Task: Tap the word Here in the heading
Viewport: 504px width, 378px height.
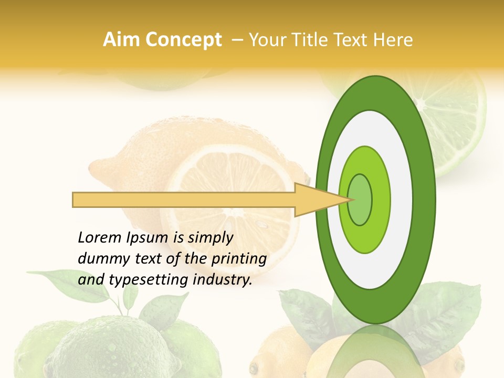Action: (394, 40)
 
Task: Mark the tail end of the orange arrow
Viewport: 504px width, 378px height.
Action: (76, 199)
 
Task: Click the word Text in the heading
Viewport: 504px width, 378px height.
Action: (353, 40)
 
